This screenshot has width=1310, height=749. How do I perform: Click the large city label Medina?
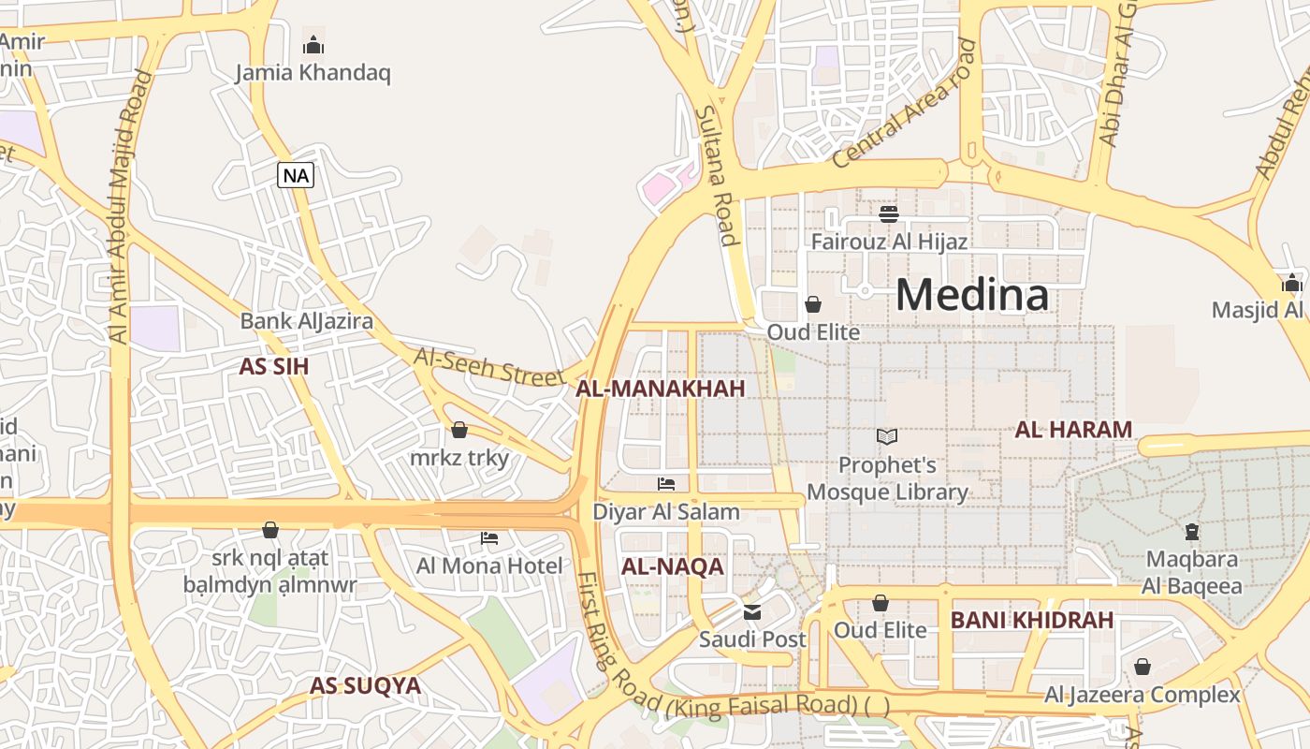point(971,295)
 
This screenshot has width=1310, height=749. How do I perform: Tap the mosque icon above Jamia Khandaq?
point(313,45)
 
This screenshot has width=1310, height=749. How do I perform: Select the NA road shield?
point(295,175)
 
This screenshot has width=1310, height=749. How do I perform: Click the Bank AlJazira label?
point(307,321)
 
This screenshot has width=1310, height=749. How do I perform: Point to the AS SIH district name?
point(273,366)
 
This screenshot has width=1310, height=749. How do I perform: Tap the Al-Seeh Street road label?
point(489,367)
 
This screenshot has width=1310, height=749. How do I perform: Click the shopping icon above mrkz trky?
point(459,430)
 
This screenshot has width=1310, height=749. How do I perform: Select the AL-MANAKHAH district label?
point(661,389)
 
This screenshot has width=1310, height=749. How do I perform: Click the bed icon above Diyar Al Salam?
point(666,484)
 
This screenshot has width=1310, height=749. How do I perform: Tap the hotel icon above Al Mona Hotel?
point(489,538)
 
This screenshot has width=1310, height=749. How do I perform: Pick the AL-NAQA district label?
point(673,566)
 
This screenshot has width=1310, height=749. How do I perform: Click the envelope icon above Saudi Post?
point(752,612)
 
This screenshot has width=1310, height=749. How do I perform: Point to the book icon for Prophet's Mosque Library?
point(887,436)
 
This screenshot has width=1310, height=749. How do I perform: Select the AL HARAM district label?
point(1073,430)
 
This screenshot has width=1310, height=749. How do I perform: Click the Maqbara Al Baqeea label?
point(1192,573)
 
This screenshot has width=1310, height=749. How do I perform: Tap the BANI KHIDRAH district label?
point(1032,620)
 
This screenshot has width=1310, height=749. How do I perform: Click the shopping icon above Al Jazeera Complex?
point(1142,667)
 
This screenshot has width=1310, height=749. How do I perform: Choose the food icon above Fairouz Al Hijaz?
point(889,214)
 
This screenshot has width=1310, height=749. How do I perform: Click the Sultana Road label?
point(717,176)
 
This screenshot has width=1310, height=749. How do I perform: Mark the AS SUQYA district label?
point(365,685)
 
